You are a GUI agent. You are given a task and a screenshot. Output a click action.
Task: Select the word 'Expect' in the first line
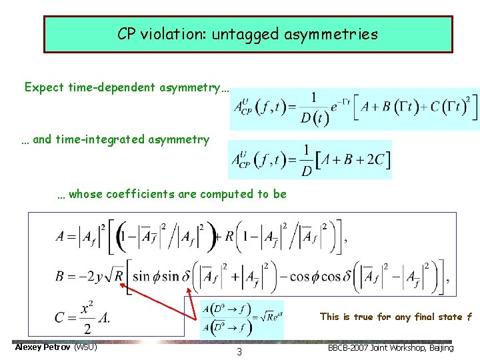tap(45, 87)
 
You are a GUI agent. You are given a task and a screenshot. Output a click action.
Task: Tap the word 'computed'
tap(229, 194)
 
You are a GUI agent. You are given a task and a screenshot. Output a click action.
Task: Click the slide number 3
tap(239, 352)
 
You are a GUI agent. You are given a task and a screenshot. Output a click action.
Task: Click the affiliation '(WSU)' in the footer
tap(85, 347)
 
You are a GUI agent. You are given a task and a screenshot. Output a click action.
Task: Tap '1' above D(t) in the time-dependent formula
tap(313, 98)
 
